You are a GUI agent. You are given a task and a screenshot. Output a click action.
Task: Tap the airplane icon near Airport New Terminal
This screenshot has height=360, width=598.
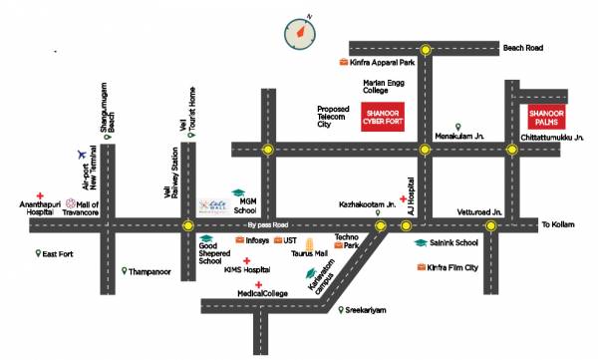[x=81, y=154]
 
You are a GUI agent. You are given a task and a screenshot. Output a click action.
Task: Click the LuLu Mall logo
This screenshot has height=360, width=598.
[x=210, y=204]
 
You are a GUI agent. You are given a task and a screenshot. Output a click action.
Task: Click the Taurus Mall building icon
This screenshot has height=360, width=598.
[x=309, y=244]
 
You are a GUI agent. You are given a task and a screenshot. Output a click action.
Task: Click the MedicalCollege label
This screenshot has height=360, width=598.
[x=262, y=293]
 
